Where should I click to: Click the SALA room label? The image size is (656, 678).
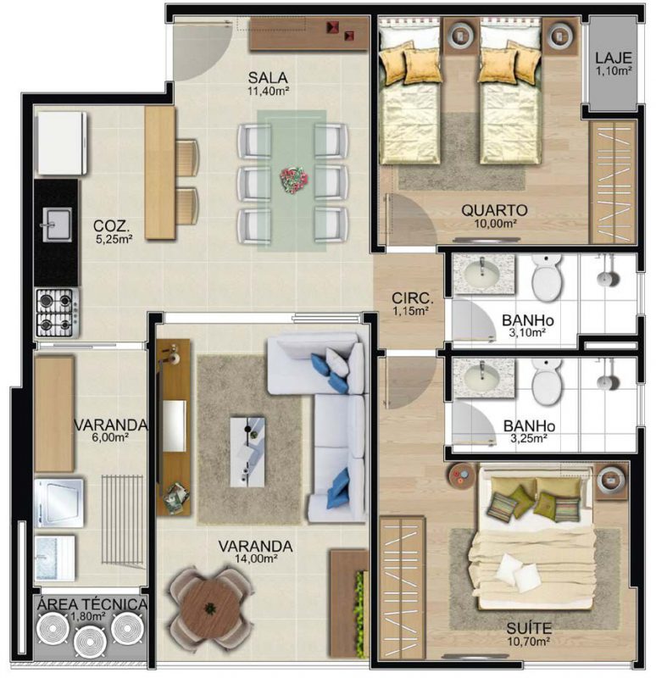pyautogui.click(x=268, y=78)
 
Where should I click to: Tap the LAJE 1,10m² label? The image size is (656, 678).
pyautogui.click(x=613, y=63)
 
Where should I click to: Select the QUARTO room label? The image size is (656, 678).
pyautogui.click(x=495, y=210)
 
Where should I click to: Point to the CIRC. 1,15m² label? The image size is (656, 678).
pyautogui.click(x=412, y=303)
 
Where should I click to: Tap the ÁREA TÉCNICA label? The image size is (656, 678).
pyautogui.click(x=92, y=604)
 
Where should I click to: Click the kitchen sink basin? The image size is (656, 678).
pyautogui.click(x=57, y=225)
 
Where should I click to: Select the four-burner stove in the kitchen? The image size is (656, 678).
pyautogui.click(x=57, y=312)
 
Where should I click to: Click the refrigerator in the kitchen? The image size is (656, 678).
pyautogui.click(x=61, y=143)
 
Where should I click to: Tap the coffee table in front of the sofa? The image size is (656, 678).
pyautogui.click(x=247, y=452)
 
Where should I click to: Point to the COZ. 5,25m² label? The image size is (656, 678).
pyautogui.click(x=113, y=231)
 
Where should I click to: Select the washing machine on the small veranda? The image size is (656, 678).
pyautogui.click(x=58, y=502)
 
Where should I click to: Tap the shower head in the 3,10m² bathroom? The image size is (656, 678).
pyautogui.click(x=608, y=277)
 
